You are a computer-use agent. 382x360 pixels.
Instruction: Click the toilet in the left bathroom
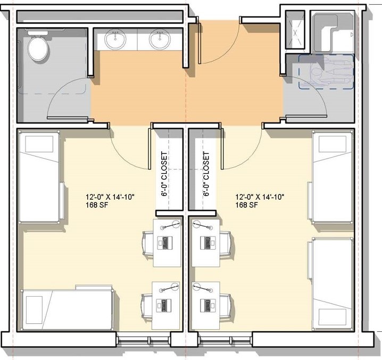click(x=38, y=48)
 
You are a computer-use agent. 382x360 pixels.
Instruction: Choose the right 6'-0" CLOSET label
click(x=206, y=175)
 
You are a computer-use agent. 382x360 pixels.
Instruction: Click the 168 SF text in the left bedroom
click(x=97, y=205)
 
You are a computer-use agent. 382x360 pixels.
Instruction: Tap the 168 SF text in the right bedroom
click(x=247, y=205)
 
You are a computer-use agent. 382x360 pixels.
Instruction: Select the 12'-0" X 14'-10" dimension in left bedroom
click(x=110, y=197)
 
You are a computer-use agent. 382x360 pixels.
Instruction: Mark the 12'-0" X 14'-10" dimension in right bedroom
click(x=260, y=197)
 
